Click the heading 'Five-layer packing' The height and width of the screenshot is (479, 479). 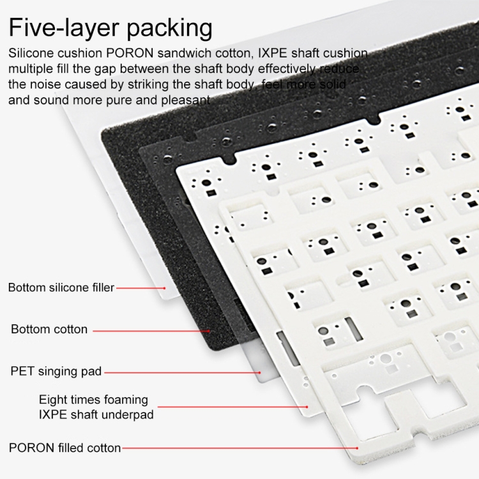(x=110, y=28)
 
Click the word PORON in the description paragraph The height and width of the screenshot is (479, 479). (x=130, y=53)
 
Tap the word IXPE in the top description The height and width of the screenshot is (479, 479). (x=273, y=53)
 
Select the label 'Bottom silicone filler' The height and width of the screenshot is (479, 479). (x=61, y=287)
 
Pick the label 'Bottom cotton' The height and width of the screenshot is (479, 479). (x=49, y=330)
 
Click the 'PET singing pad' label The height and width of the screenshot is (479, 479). (x=56, y=372)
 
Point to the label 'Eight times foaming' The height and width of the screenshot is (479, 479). (x=93, y=400)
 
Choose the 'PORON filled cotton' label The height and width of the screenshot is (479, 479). (x=65, y=448)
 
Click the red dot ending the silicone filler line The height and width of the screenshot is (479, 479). (x=164, y=288)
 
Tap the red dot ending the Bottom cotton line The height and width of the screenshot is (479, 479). (x=209, y=331)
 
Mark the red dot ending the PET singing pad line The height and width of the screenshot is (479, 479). (x=260, y=373)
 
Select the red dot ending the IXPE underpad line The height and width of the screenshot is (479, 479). (x=307, y=407)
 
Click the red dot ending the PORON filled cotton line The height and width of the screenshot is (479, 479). (x=357, y=448)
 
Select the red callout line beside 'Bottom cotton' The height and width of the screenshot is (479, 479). (x=151, y=331)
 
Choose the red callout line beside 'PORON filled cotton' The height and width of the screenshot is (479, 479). (x=240, y=448)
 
